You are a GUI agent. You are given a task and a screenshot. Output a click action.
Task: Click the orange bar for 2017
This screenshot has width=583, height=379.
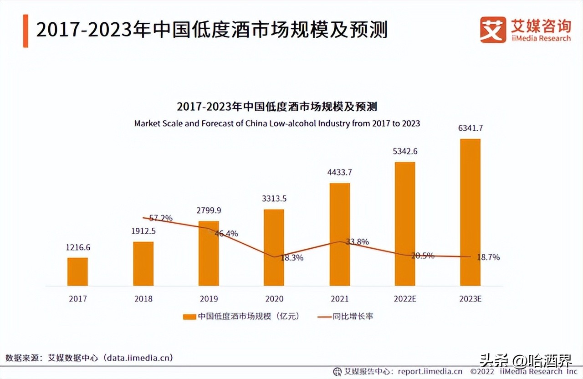click(x=77, y=271)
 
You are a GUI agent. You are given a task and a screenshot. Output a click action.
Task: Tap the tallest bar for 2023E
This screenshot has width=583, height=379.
click(x=470, y=212)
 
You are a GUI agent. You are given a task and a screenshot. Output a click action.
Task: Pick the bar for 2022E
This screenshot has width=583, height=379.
click(x=405, y=224)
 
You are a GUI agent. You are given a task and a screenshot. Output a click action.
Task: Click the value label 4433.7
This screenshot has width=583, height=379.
click(x=339, y=172)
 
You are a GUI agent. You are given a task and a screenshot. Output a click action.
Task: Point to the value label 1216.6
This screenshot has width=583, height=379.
click(x=77, y=247)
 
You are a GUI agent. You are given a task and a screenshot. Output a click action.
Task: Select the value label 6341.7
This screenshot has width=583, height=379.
click(x=470, y=128)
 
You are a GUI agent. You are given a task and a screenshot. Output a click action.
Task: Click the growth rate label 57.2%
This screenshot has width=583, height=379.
click(x=161, y=218)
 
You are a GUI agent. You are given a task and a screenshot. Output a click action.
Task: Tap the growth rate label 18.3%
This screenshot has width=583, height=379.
click(x=292, y=257)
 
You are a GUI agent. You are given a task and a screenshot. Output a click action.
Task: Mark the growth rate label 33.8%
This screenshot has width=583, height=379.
click(x=357, y=242)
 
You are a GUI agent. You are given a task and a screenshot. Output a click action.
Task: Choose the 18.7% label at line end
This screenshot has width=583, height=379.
click(x=488, y=257)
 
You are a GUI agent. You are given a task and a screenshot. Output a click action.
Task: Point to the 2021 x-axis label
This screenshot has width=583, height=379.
click(x=339, y=299)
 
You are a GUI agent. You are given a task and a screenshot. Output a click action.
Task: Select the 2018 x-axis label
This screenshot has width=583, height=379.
click(x=143, y=299)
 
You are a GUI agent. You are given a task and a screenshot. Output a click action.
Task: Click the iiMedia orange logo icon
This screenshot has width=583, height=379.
click(x=493, y=30)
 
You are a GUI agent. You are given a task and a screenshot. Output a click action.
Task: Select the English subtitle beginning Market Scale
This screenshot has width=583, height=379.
click(x=277, y=123)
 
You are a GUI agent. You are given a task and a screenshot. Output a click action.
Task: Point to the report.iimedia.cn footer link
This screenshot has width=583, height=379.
click(x=430, y=371)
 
